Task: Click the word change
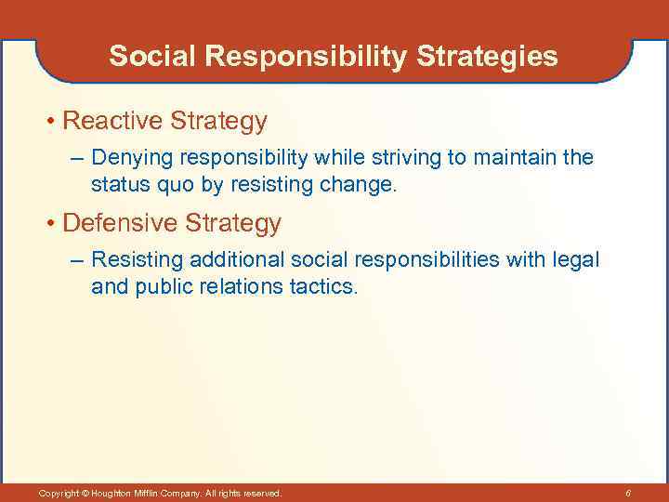click(x=361, y=185)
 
